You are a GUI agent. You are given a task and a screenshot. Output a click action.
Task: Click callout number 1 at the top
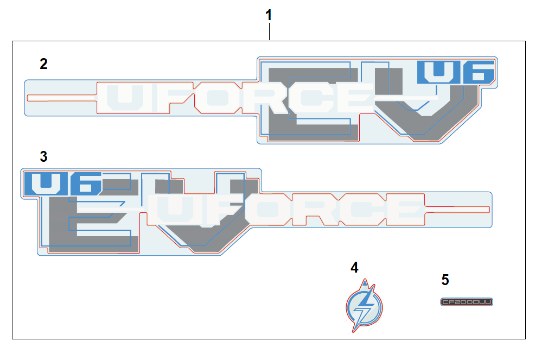click(269, 15)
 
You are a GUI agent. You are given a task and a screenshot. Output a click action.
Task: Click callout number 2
click(43, 64)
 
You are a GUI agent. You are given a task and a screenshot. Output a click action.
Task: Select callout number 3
click(43, 157)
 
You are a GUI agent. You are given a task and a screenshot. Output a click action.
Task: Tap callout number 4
click(354, 267)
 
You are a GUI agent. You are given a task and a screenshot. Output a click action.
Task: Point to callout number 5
click(445, 280)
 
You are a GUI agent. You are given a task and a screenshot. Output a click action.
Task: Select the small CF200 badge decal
click(466, 302)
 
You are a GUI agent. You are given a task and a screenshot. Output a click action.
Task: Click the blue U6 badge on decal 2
click(456, 72)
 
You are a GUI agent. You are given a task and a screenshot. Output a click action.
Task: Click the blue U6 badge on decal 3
click(62, 184)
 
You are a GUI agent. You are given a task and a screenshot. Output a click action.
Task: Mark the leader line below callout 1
click(269, 32)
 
